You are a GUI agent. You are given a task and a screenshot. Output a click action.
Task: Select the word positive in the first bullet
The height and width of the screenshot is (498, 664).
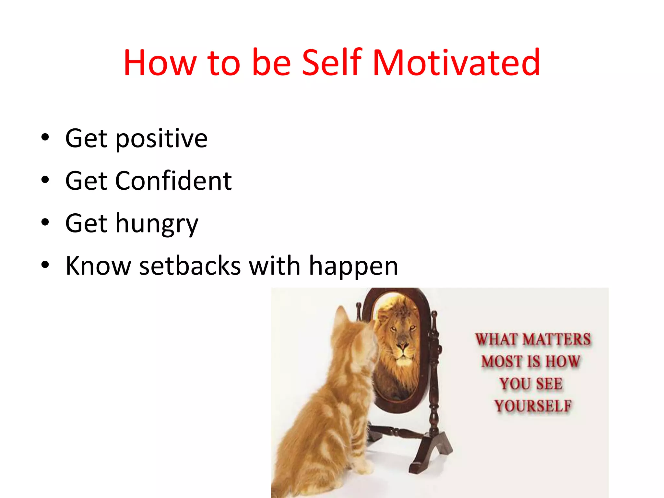pyautogui.click(x=161, y=139)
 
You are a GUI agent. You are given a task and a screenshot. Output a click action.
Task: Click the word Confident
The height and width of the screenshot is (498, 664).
pyautogui.click(x=173, y=181)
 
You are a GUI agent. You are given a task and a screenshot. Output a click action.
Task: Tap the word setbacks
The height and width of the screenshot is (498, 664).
pyautogui.click(x=190, y=266)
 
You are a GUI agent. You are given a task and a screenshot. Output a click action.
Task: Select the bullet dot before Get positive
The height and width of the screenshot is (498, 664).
pyautogui.click(x=45, y=137)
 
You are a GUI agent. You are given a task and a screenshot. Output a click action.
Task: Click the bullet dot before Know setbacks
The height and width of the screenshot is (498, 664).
pyautogui.click(x=45, y=265)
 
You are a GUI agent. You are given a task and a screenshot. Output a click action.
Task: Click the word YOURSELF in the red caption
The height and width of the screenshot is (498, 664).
pyautogui.click(x=533, y=406)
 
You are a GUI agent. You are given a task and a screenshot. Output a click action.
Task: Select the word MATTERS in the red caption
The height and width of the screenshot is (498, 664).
pyautogui.click(x=557, y=339)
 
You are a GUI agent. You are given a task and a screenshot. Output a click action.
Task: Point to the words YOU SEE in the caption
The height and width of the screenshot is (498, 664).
pyautogui.click(x=531, y=384)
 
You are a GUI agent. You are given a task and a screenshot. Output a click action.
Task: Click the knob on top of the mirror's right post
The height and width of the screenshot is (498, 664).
pyautogui.click(x=434, y=314)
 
